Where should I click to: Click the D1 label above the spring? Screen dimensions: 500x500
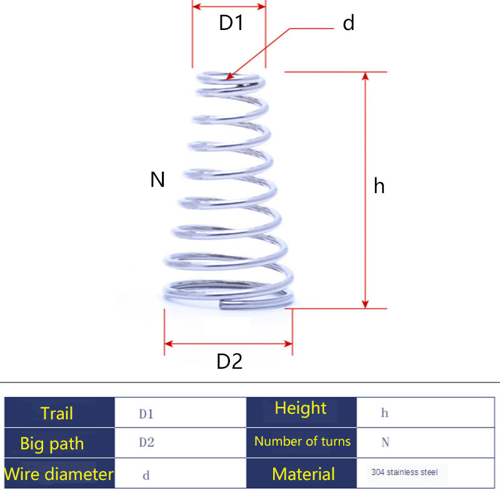[x=230, y=24]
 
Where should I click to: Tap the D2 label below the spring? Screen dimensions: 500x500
[x=229, y=362]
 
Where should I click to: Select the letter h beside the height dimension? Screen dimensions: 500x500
[x=379, y=186]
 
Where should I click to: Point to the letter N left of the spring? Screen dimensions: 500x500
[x=157, y=180]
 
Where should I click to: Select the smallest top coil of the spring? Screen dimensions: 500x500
[x=229, y=78]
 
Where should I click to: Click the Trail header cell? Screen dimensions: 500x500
[x=57, y=413]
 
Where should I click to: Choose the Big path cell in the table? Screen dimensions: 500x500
[x=52, y=444]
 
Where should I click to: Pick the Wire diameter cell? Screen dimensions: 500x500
[x=59, y=474]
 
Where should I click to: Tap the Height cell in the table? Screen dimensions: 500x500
[x=301, y=409]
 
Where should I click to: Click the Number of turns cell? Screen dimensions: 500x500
[x=302, y=441]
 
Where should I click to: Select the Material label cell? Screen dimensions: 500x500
[x=303, y=474]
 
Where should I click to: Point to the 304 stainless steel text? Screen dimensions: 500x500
[x=404, y=472]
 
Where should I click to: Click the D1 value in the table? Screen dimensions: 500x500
[x=146, y=414]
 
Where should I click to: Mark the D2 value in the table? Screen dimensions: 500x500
[x=146, y=443]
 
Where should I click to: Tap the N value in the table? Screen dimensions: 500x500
[x=385, y=442]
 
